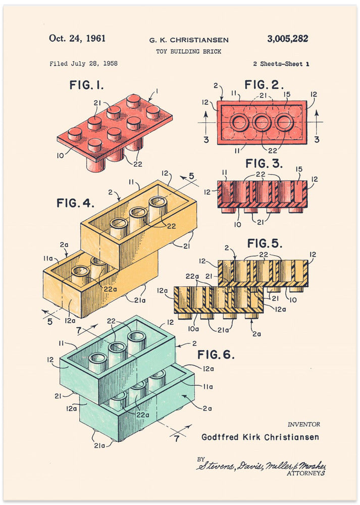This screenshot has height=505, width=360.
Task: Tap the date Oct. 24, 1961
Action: (77, 38)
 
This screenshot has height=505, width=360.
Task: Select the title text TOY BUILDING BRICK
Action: (188, 52)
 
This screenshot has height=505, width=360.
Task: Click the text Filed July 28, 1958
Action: (83, 64)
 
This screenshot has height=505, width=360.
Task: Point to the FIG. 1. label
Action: (86, 85)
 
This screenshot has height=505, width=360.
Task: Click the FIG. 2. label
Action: (264, 84)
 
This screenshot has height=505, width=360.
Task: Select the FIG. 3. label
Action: (264, 164)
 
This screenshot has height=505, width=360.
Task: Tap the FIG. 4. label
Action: (75, 203)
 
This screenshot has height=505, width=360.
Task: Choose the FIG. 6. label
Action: (216, 355)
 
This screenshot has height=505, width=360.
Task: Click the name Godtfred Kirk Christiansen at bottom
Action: (260, 437)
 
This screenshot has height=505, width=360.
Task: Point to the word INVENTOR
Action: (303, 425)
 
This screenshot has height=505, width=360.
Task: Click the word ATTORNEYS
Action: (306, 473)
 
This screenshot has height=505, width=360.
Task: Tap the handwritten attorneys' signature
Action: (261, 465)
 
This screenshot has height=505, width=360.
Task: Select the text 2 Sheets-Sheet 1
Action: (281, 64)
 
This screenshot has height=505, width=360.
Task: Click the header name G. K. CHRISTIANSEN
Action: (188, 40)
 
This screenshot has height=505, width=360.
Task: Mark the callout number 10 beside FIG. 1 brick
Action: (61, 156)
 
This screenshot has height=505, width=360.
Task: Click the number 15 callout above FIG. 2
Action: (287, 93)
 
